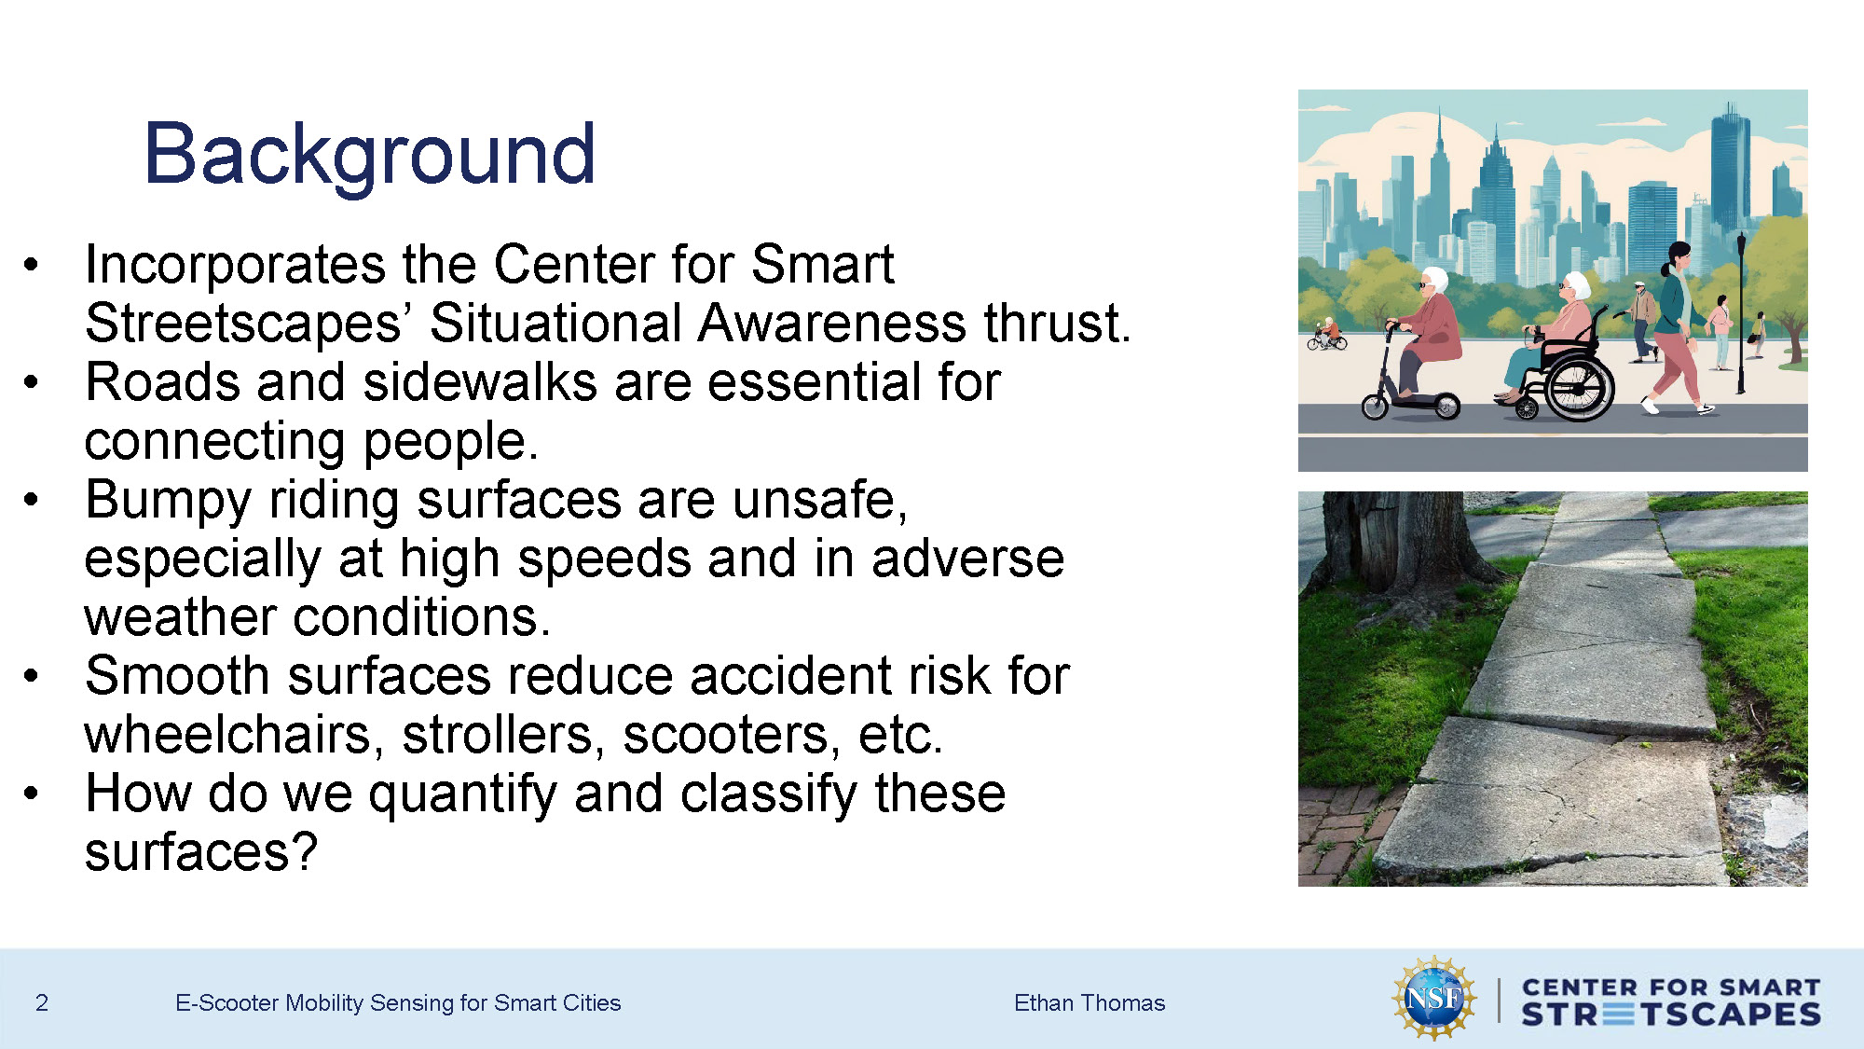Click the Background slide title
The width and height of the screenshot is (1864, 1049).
[x=369, y=155]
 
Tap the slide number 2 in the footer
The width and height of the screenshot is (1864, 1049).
[x=41, y=1002]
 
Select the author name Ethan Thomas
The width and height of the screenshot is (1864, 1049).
[x=1089, y=1002]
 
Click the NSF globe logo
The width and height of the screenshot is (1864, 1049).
[x=1433, y=999]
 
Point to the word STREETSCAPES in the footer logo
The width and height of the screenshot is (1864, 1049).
[x=1670, y=1014]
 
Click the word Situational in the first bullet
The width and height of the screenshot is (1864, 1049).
[x=555, y=324]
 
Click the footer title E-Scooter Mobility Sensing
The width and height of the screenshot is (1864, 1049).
[x=397, y=1002]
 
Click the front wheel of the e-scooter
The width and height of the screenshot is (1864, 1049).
[x=1376, y=407]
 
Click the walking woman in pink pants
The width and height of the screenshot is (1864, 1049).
[x=1678, y=326]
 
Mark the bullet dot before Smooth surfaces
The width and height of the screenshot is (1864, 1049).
[x=32, y=676]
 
